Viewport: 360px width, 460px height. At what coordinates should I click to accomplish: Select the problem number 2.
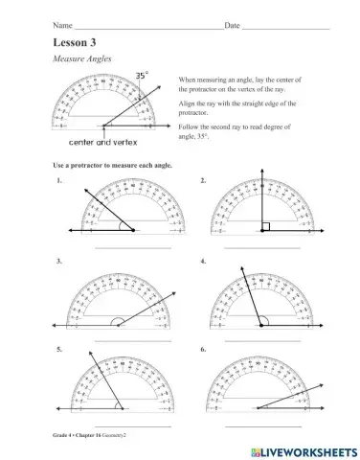point(203,180)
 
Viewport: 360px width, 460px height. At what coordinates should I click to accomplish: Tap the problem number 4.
point(203,261)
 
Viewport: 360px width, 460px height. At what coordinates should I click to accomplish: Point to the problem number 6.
point(203,351)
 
